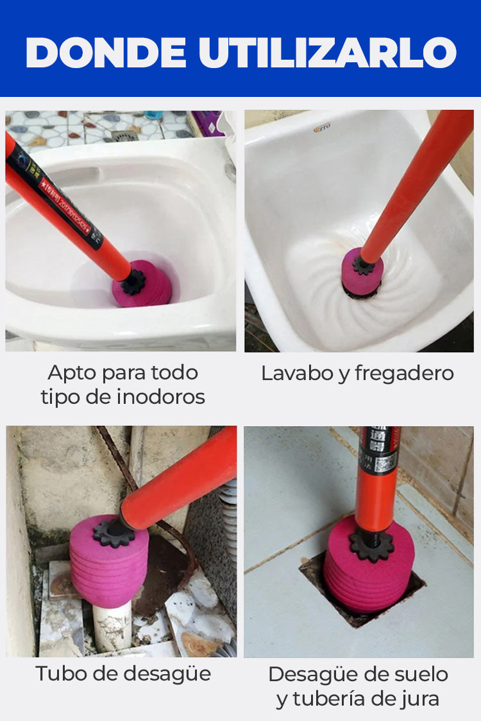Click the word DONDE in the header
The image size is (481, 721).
[x=106, y=53]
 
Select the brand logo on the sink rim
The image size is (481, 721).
[x=322, y=128]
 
